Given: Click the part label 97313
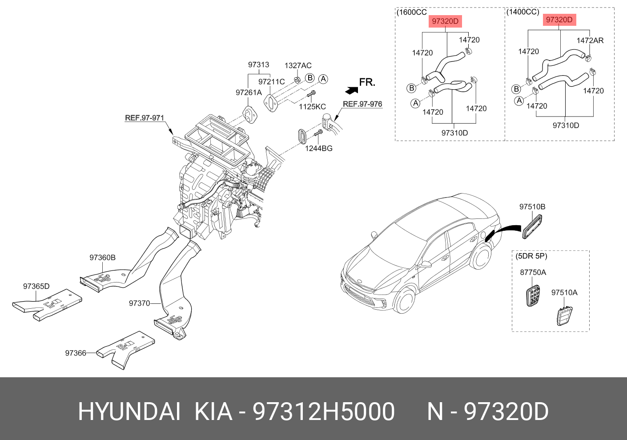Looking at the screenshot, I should (258, 65).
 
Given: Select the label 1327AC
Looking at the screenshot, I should (298, 66).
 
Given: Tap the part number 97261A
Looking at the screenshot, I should (249, 93).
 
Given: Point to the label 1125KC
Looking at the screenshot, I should (312, 107).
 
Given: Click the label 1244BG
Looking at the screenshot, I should (318, 149).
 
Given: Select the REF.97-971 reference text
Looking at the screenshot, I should (145, 118).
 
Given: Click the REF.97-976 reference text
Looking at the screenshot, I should (362, 104).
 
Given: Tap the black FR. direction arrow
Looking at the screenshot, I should (351, 90).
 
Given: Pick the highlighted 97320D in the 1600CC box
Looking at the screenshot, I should (445, 21).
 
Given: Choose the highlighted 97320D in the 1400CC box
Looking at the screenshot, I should (559, 20).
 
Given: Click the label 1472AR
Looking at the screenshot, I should (590, 40).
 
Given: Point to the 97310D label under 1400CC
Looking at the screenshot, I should (566, 125).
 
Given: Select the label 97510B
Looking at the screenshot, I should (532, 207).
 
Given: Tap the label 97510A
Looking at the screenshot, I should (564, 293).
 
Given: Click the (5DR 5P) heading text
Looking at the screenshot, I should (531, 256).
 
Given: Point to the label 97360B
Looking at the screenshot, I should (102, 258).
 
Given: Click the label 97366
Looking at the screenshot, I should (76, 353).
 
